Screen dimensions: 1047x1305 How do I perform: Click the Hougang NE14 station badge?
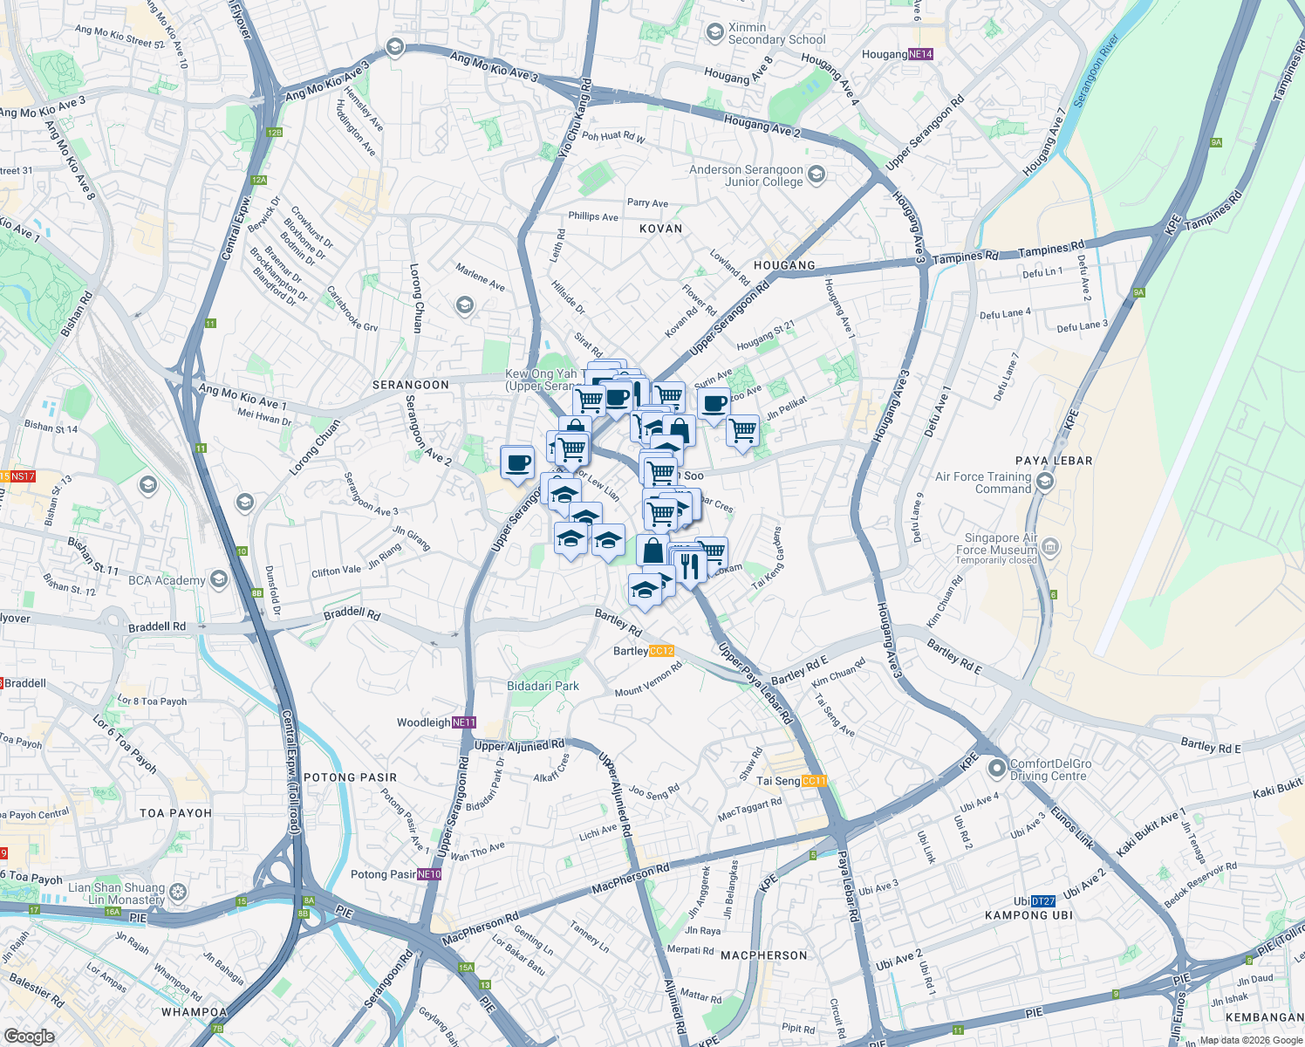coord(920,54)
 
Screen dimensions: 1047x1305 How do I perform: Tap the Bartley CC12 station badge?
coord(661,651)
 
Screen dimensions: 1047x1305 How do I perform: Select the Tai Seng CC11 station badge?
coord(813,781)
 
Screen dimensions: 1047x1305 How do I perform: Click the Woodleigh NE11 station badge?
coord(464,722)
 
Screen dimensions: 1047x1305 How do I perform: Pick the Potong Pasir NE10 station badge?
coord(429,874)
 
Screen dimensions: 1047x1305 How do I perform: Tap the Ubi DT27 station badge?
coord(1042,901)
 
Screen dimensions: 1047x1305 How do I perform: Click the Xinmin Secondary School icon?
coord(714,33)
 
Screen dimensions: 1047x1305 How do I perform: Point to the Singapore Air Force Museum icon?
coord(1050,549)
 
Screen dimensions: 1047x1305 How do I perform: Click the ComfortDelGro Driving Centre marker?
coord(996,770)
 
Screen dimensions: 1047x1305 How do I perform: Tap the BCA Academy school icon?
coord(218,580)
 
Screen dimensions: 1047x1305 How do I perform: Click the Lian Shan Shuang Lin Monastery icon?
coord(178,893)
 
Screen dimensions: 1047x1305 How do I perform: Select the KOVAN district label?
coord(660,229)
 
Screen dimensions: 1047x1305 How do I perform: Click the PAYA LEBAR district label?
coord(1054,461)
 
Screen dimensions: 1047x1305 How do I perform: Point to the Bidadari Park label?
coord(543,686)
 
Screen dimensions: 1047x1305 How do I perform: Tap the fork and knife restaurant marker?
coord(690,566)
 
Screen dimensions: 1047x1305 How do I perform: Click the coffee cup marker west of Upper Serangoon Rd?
coord(517,462)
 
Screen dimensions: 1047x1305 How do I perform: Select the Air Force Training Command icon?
coord(1046,482)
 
